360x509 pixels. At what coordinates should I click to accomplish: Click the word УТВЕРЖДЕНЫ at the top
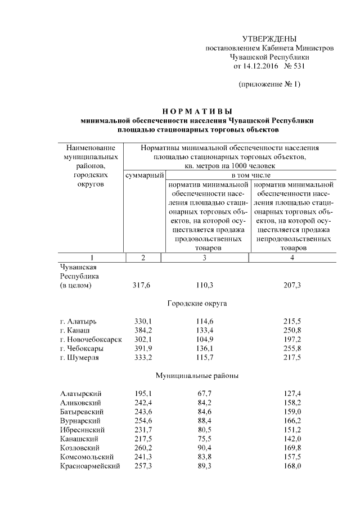pyautogui.click(x=269, y=39)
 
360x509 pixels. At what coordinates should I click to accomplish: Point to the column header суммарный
pyautogui.click(x=143, y=175)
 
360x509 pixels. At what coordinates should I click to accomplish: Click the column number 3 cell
pyautogui.click(x=204, y=258)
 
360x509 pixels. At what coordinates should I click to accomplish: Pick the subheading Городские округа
pyautogui.click(x=197, y=304)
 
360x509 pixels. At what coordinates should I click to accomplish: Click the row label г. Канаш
pyautogui.click(x=74, y=330)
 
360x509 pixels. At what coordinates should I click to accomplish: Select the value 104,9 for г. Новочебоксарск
pyautogui.click(x=204, y=340)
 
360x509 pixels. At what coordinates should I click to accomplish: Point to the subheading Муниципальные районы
pyautogui.click(x=197, y=376)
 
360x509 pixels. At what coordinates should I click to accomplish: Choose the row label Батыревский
pyautogui.click(x=81, y=412)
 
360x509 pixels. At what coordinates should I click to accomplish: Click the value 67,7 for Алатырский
pyautogui.click(x=204, y=394)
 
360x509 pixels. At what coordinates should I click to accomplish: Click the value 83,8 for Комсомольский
pyautogui.click(x=204, y=457)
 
